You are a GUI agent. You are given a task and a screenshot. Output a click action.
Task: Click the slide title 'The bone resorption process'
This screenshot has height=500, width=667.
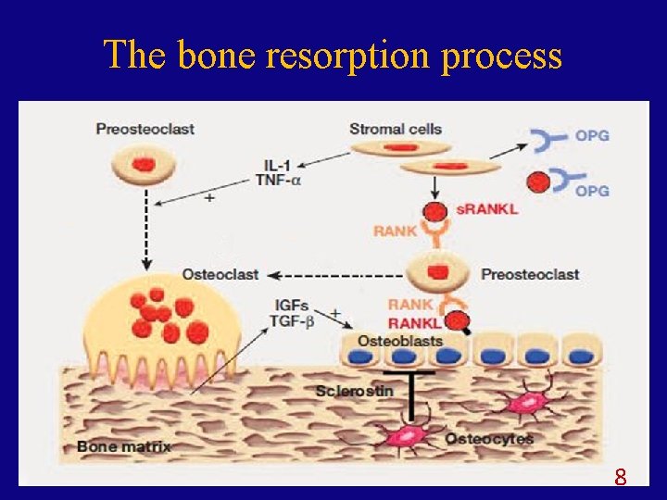click(333, 56)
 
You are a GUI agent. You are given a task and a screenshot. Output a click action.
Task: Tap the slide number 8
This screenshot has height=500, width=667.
click(621, 478)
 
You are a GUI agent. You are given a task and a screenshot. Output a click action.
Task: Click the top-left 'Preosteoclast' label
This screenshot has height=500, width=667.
click(145, 129)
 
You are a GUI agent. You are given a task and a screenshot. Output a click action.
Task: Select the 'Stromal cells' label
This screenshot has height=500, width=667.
click(396, 129)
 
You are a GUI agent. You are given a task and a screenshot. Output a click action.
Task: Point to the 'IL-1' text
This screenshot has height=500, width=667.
click(276, 165)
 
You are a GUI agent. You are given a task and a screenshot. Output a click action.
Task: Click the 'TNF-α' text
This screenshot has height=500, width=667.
click(278, 181)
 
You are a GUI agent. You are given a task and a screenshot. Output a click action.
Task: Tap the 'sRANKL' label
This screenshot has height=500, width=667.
click(486, 209)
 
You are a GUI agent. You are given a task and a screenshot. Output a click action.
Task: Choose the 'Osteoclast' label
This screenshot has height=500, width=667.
click(220, 274)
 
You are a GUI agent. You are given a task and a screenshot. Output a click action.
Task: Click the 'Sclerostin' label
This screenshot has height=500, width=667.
click(354, 391)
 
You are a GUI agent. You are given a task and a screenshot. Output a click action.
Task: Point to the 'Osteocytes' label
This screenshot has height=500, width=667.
click(489, 438)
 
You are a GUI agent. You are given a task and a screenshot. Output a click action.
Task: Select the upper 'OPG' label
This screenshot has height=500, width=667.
click(592, 135)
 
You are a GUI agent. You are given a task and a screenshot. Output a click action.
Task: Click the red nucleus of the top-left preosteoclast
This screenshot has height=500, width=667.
click(145, 165)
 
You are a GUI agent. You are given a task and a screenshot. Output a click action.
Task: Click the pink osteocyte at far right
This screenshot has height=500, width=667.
click(529, 401)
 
